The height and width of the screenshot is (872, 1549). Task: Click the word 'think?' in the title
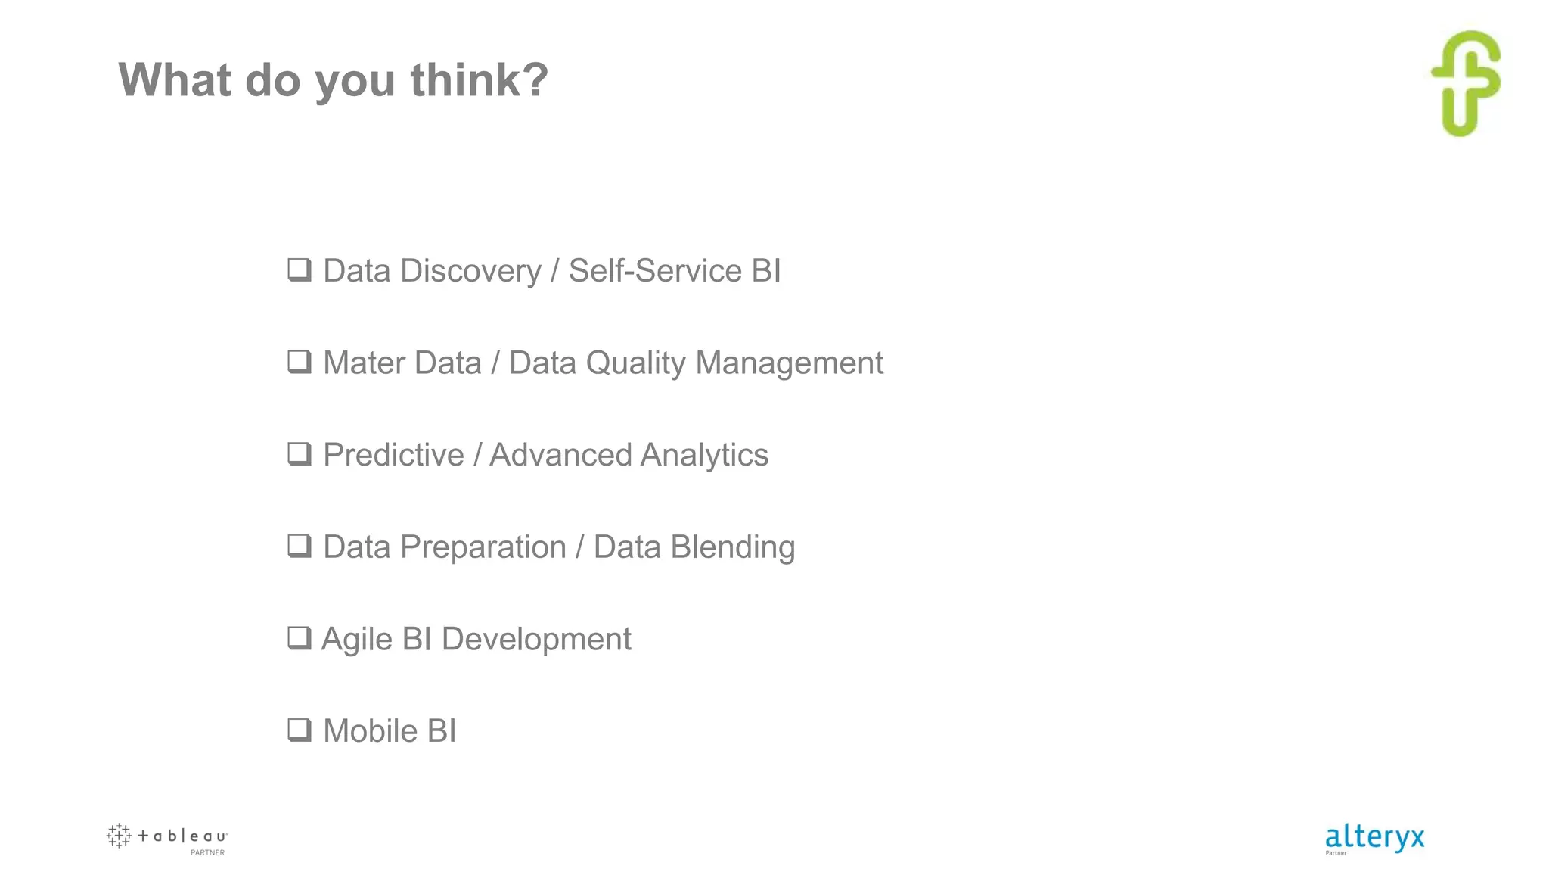(x=479, y=79)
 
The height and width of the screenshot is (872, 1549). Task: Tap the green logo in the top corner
(x=1466, y=83)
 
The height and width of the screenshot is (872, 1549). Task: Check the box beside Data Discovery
(x=300, y=269)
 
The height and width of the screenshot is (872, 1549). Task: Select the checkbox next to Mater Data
(x=300, y=362)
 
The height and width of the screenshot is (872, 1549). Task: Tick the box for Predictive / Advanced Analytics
(x=300, y=454)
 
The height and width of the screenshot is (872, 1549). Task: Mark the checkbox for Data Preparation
(x=300, y=546)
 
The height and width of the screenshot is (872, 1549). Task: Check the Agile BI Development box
(x=300, y=638)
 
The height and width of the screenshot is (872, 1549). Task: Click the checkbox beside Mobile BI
(x=300, y=730)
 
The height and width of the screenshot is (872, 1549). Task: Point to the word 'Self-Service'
(x=655, y=271)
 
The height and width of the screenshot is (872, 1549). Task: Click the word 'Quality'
(x=635, y=363)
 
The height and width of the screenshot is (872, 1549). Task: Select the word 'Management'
(x=789, y=363)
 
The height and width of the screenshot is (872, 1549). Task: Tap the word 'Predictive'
(x=393, y=455)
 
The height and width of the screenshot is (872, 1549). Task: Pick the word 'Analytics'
(x=704, y=455)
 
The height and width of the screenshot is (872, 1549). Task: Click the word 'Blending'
(x=732, y=547)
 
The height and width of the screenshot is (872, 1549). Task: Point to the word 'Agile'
(x=357, y=640)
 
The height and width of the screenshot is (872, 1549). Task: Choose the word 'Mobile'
(x=370, y=731)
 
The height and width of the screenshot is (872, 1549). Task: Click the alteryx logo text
(x=1374, y=837)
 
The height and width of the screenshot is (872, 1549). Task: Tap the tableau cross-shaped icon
(x=119, y=836)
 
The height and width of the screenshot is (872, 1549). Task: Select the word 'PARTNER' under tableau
(x=207, y=853)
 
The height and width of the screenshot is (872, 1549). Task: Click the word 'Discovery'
(x=470, y=271)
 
